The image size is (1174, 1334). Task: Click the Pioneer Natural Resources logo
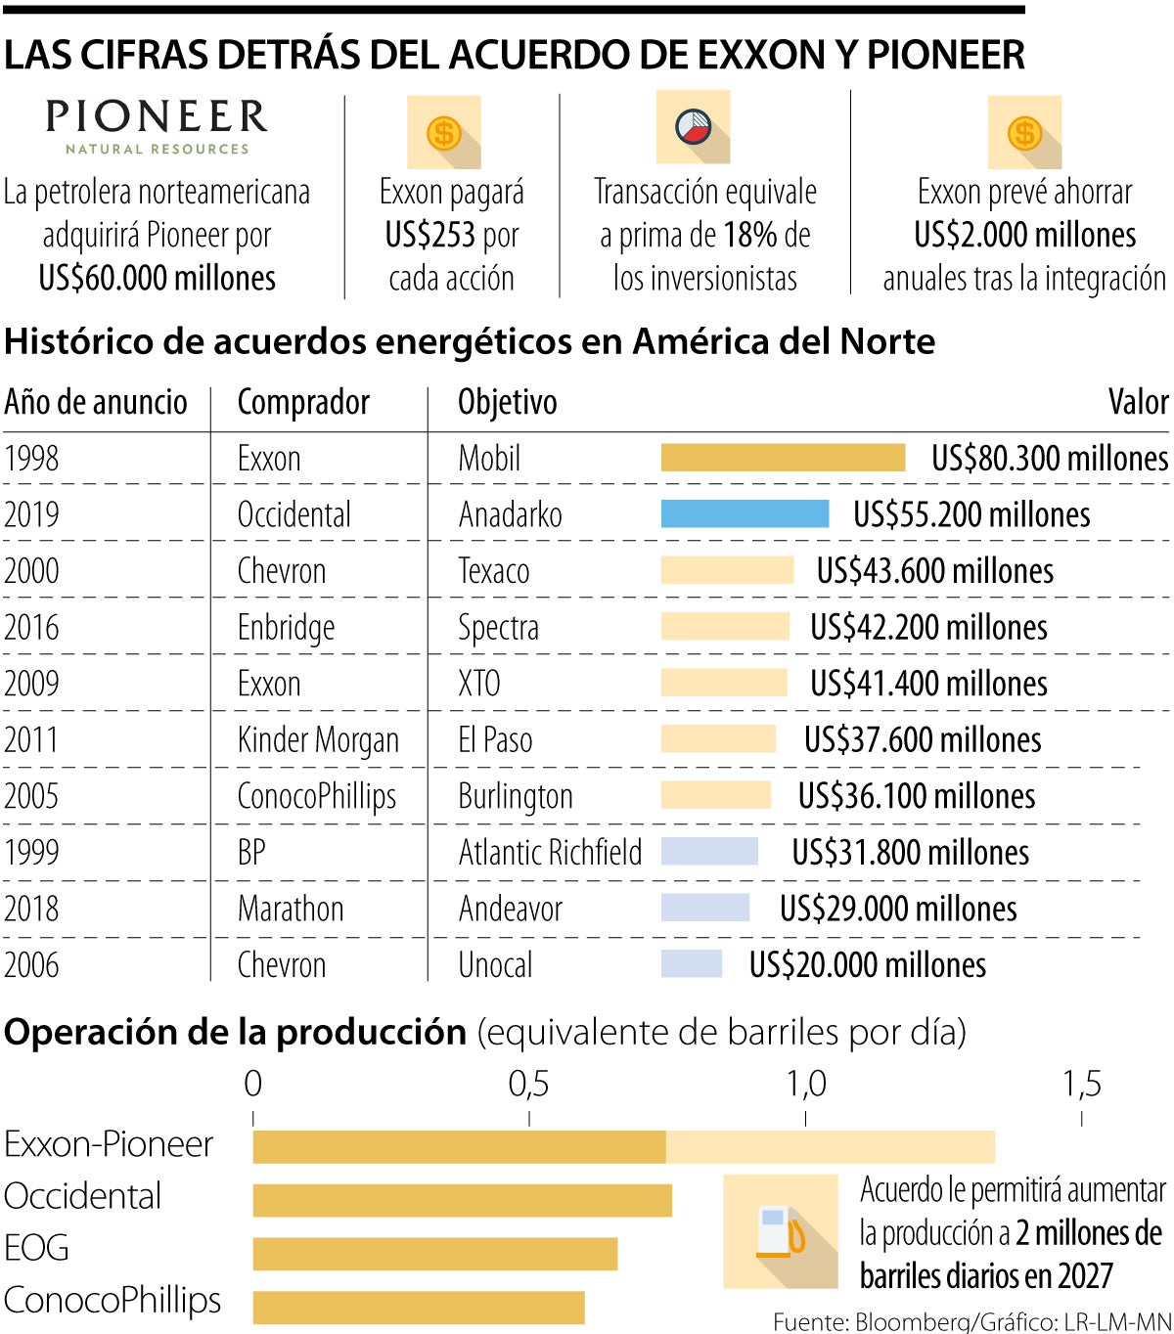(157, 126)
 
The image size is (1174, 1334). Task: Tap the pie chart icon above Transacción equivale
(694, 128)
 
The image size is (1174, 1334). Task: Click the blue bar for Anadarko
(745, 514)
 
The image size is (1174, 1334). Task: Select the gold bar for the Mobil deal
(783, 458)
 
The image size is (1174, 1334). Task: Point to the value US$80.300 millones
(1049, 459)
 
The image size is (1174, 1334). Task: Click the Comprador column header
(303, 402)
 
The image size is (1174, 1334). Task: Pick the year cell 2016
(31, 627)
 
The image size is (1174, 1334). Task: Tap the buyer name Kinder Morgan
(318, 740)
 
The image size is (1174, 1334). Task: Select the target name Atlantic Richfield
(550, 853)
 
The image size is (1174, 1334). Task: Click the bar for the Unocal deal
(692, 964)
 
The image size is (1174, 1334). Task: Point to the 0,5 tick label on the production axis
(528, 1084)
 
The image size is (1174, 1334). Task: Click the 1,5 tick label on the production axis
(1081, 1084)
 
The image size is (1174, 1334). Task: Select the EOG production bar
(435, 1254)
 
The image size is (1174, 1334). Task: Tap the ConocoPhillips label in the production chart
(113, 1301)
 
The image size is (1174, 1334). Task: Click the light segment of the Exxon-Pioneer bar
(830, 1147)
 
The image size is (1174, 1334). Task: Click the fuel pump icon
(781, 1231)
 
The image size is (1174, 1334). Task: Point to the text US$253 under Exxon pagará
(430, 236)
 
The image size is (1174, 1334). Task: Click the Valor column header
(1138, 402)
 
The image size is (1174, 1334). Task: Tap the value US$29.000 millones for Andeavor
(897, 910)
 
